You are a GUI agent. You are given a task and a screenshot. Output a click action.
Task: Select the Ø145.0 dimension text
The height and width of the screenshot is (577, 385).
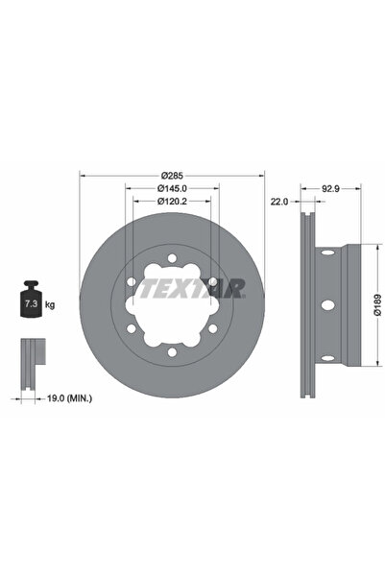pyautogui.click(x=172, y=189)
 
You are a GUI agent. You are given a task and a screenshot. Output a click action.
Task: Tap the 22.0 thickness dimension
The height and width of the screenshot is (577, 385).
pyautogui.click(x=279, y=203)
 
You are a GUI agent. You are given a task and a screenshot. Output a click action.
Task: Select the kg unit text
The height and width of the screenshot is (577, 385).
pyautogui.click(x=50, y=304)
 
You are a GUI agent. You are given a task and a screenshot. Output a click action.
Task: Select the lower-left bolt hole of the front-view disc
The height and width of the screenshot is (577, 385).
pyautogui.click(x=132, y=331)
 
